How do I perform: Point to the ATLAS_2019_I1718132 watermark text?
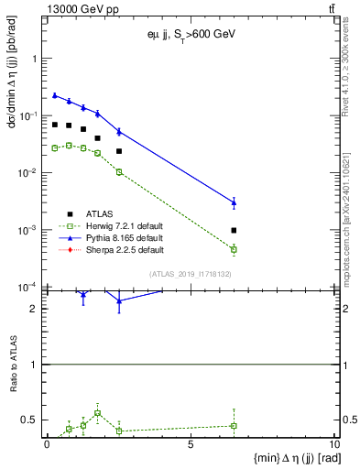(191, 274)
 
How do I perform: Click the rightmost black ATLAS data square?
(234, 230)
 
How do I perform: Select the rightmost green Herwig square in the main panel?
(234, 249)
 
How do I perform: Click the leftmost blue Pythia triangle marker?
(55, 95)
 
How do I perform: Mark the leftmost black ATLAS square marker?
(55, 125)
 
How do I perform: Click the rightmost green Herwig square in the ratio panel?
(234, 425)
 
